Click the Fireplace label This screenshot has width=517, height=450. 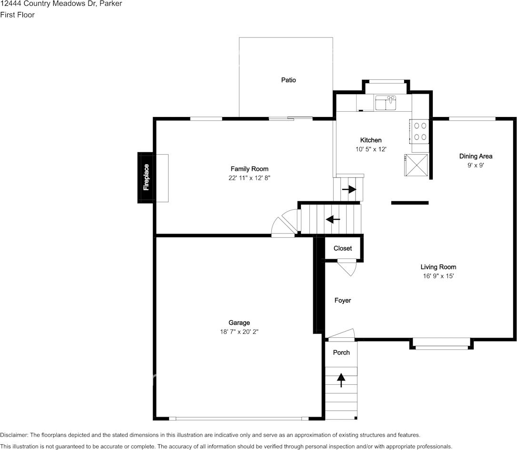tap(146, 177)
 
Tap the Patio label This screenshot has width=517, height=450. tap(288, 80)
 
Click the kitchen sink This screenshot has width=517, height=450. tap(386, 103)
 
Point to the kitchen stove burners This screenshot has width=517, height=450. tap(420, 131)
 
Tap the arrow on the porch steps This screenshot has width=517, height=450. tap(341, 380)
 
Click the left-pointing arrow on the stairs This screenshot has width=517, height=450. tap(333, 219)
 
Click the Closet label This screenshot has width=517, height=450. tap(343, 248)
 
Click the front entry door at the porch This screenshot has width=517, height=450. tap(341, 335)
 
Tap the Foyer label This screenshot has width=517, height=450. tap(343, 300)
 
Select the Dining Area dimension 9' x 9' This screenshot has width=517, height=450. tap(476, 165)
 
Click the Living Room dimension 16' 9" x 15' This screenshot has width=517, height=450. tap(438, 276)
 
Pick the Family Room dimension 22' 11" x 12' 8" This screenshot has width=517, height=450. tap(249, 178)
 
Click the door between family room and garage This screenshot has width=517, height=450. tap(285, 224)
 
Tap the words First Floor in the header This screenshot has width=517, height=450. tap(17, 15)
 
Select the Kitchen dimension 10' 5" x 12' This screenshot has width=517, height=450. tap(371, 149)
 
